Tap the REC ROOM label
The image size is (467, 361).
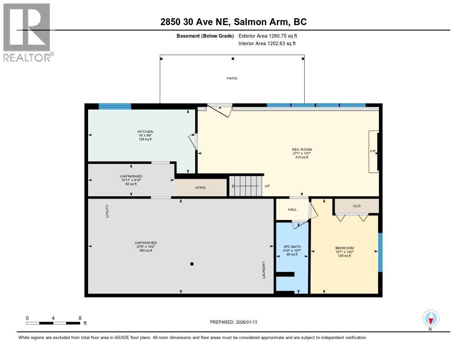tap(302, 149)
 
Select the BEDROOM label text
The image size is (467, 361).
tap(344, 248)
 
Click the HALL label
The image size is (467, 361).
tap(292, 209)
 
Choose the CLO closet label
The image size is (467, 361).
tap(357, 206)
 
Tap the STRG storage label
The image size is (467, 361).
tap(201, 188)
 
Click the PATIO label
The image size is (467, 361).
tap(232, 78)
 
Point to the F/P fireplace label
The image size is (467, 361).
tap(373, 150)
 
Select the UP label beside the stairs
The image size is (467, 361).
tap(267, 186)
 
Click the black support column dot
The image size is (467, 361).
tap(192, 264)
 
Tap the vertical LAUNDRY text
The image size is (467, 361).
tap(264, 270)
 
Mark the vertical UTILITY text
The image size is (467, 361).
tap(108, 211)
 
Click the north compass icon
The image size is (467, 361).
tap(431, 318)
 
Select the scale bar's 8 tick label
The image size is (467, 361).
tap(80, 318)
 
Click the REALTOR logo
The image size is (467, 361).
tap(27, 32)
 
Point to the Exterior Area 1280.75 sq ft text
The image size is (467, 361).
tap(268, 36)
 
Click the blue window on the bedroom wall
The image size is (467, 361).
tap(380, 252)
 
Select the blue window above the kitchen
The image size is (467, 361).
tap(115, 106)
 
